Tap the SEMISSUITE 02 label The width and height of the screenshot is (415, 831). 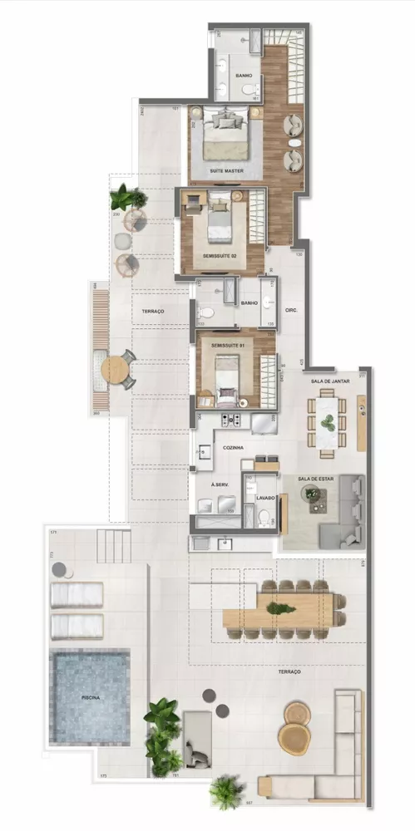(x=220, y=256)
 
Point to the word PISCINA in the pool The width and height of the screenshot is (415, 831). (x=90, y=698)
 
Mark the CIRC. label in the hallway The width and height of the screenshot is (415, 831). (x=291, y=311)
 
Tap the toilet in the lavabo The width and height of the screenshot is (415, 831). (x=264, y=518)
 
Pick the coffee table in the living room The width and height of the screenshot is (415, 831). (x=314, y=497)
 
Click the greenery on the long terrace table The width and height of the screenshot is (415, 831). (x=280, y=608)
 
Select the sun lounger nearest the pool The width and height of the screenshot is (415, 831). (x=77, y=626)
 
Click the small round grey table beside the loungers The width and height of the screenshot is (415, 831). (x=59, y=569)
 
